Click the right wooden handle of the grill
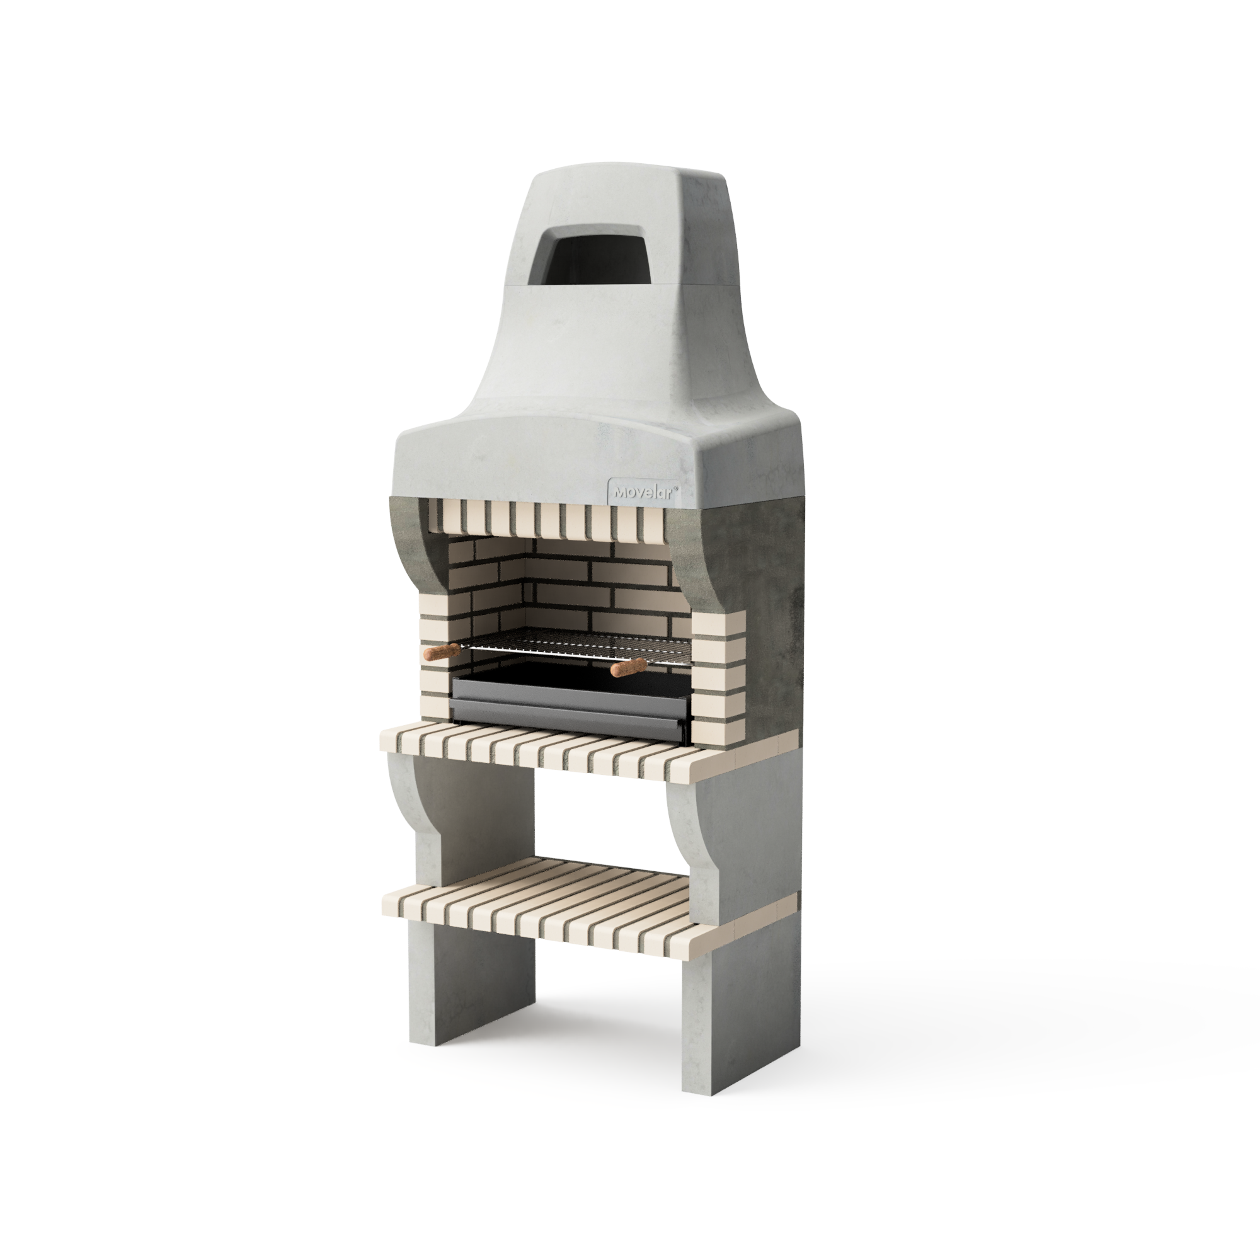click(x=629, y=667)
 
